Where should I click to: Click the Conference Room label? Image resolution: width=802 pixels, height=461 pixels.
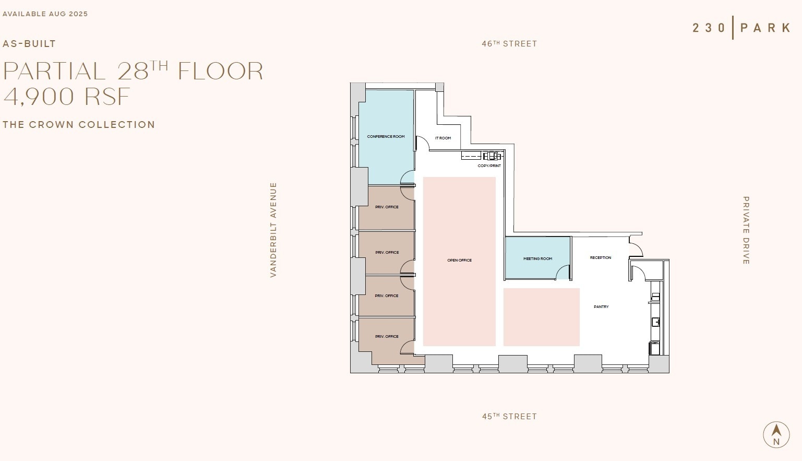pos(386,137)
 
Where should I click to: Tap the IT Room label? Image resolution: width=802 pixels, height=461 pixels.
pos(443,138)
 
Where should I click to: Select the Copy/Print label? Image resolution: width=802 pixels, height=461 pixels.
pos(489,166)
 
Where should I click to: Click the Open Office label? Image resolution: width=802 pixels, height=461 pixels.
pos(459,261)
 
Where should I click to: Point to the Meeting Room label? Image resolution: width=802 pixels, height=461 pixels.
pos(537,259)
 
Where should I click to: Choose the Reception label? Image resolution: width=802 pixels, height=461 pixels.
pos(600,258)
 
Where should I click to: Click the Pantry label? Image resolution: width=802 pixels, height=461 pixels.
pos(601,307)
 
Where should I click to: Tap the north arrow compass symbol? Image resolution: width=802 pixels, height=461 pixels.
pos(776,434)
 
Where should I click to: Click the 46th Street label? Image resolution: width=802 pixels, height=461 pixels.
pos(509,44)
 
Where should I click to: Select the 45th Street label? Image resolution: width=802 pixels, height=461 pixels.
pos(509,417)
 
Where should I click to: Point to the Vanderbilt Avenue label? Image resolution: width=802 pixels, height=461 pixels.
pos(273,230)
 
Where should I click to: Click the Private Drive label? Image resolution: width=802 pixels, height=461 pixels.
pos(746,230)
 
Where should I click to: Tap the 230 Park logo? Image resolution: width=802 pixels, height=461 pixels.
pos(741,28)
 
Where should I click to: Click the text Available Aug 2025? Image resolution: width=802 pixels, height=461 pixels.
pos(45,14)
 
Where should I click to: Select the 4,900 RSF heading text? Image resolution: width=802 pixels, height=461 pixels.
pos(67,97)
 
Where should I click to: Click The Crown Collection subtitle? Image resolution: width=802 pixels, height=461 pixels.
pos(79,125)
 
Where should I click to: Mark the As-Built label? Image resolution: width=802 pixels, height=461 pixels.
pos(29,44)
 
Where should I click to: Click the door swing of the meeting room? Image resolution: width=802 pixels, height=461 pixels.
pos(562,273)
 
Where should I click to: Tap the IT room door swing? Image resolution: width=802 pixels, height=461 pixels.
pos(422,144)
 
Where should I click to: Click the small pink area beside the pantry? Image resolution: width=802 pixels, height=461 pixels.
pos(541,317)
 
